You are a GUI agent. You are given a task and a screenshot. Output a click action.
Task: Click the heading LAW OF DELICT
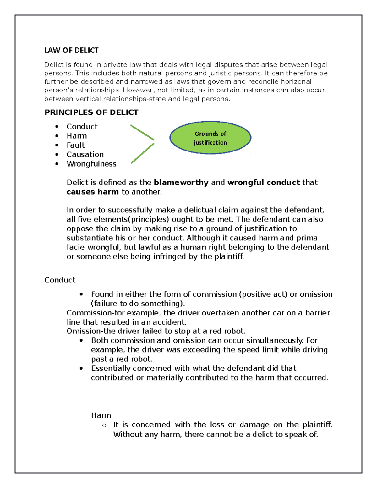[71, 50]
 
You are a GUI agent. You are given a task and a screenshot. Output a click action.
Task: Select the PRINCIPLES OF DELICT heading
[91, 112]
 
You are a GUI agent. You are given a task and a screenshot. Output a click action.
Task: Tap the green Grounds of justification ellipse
[210, 138]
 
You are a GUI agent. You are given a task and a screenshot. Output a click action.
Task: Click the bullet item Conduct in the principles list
[82, 127]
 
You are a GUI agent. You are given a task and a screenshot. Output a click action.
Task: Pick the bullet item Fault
[76, 145]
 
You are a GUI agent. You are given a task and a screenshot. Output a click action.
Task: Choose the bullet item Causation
[85, 155]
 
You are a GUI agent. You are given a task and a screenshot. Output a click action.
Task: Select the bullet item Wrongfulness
[91, 164]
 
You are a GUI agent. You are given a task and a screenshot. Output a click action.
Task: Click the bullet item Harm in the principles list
[77, 136]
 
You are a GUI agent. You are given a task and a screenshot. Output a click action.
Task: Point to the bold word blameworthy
[181, 183]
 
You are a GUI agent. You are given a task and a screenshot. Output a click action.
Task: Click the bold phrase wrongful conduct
[264, 183]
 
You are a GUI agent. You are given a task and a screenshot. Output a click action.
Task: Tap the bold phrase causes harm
[93, 192]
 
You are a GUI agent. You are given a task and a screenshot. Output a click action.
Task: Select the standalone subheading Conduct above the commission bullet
[60, 280]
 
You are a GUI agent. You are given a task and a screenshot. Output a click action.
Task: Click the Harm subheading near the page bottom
[101, 415]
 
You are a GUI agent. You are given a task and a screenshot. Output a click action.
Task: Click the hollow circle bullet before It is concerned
[104, 425]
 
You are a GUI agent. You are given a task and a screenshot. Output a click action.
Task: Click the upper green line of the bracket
[142, 132]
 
